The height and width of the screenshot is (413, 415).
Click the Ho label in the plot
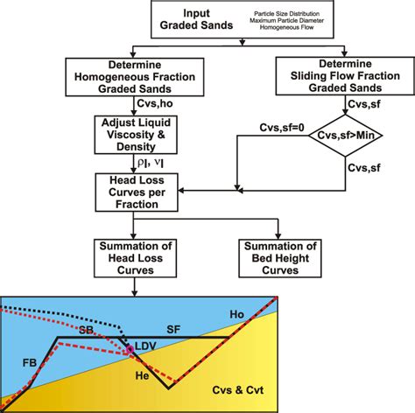[261, 314]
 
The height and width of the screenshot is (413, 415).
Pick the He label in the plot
[141, 374]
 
